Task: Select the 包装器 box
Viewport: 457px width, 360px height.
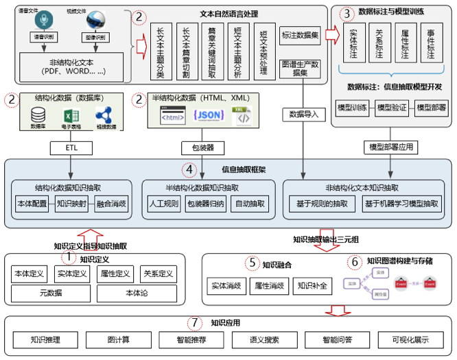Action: (198, 147)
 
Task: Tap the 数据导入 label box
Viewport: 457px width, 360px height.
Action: (302, 113)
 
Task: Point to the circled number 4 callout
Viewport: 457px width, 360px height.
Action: (189, 169)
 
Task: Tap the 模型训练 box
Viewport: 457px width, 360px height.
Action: (353, 107)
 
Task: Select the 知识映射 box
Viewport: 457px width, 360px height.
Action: (71, 204)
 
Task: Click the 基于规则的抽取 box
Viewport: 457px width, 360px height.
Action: (322, 204)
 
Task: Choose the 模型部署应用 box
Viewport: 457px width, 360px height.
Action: (391, 147)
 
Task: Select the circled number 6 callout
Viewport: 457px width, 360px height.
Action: (355, 262)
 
